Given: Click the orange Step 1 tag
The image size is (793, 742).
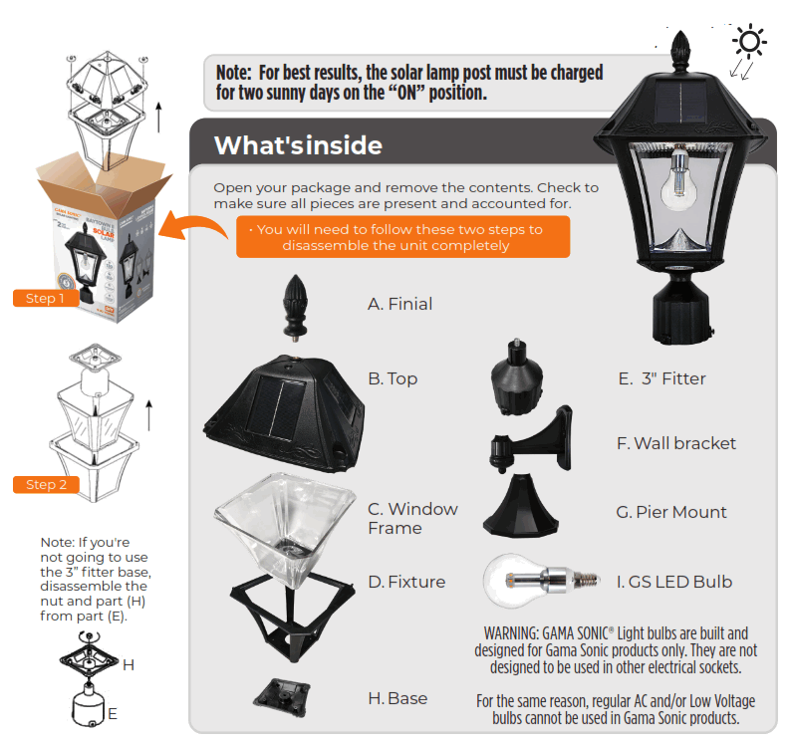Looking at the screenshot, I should [46, 297].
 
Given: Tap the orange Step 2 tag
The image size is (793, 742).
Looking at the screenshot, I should [46, 484].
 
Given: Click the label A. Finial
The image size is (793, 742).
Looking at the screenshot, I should [399, 304].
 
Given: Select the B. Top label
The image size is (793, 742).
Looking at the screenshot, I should [393, 378].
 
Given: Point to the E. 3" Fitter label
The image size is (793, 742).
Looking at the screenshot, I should [661, 378].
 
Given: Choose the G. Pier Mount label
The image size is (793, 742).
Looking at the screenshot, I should [671, 512].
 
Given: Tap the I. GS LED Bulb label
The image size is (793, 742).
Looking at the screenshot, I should [674, 582].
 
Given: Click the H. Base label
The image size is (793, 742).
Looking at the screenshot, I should [397, 698].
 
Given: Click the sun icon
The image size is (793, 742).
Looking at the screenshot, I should [749, 41].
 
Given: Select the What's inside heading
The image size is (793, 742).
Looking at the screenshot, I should [298, 145].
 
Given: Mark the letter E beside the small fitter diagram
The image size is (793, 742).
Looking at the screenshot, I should [113, 714].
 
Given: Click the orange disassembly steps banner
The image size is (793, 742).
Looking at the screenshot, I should [402, 237].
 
